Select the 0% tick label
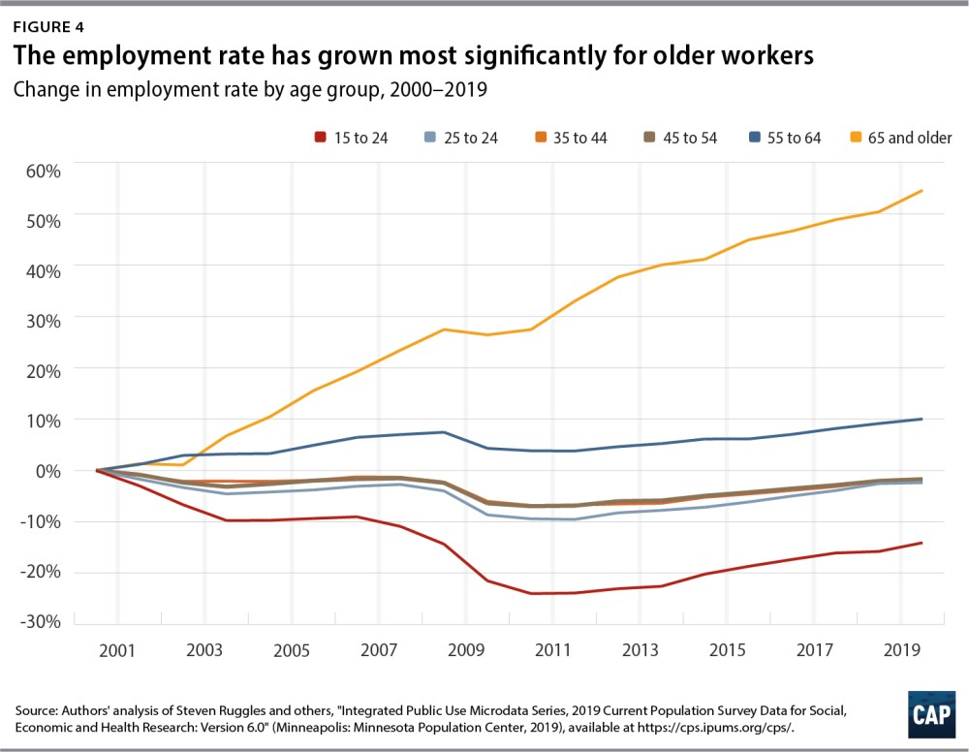tap(45, 472)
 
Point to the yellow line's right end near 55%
tap(921, 191)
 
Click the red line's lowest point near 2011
tap(533, 593)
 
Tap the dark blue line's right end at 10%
tap(921, 419)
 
